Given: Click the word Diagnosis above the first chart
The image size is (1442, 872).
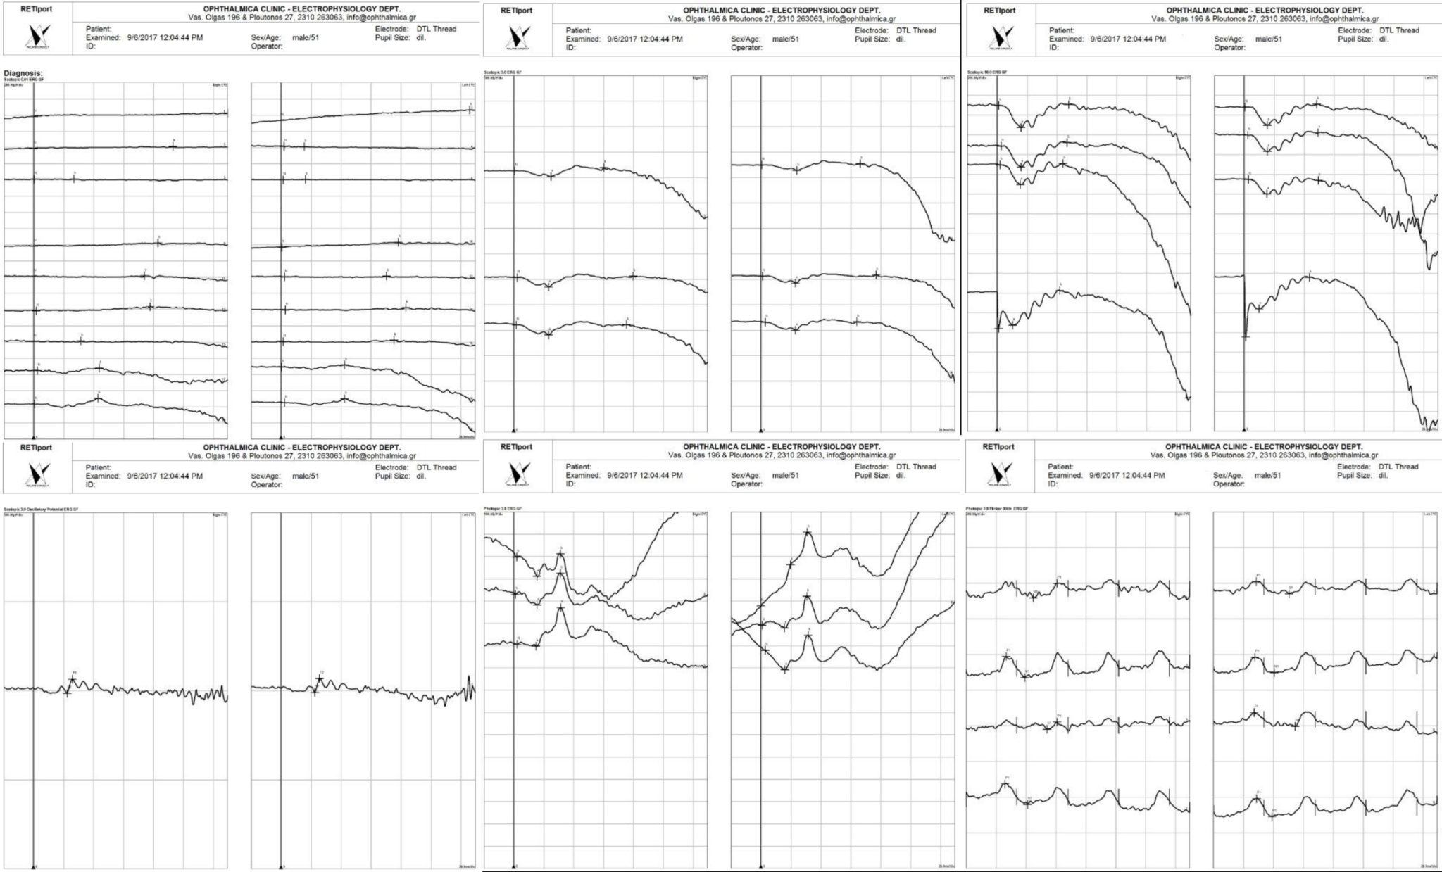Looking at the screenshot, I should [x=23, y=72].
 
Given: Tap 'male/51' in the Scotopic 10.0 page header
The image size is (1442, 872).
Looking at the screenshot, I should [x=1267, y=39].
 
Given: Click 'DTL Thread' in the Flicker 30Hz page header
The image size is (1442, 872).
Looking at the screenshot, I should [x=1395, y=467].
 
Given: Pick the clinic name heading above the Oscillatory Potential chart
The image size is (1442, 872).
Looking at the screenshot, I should [x=302, y=447].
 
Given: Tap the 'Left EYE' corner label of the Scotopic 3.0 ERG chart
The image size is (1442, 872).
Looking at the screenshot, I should [x=948, y=77].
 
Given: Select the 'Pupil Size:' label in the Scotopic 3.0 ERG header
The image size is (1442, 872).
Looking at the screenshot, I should [x=872, y=39].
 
